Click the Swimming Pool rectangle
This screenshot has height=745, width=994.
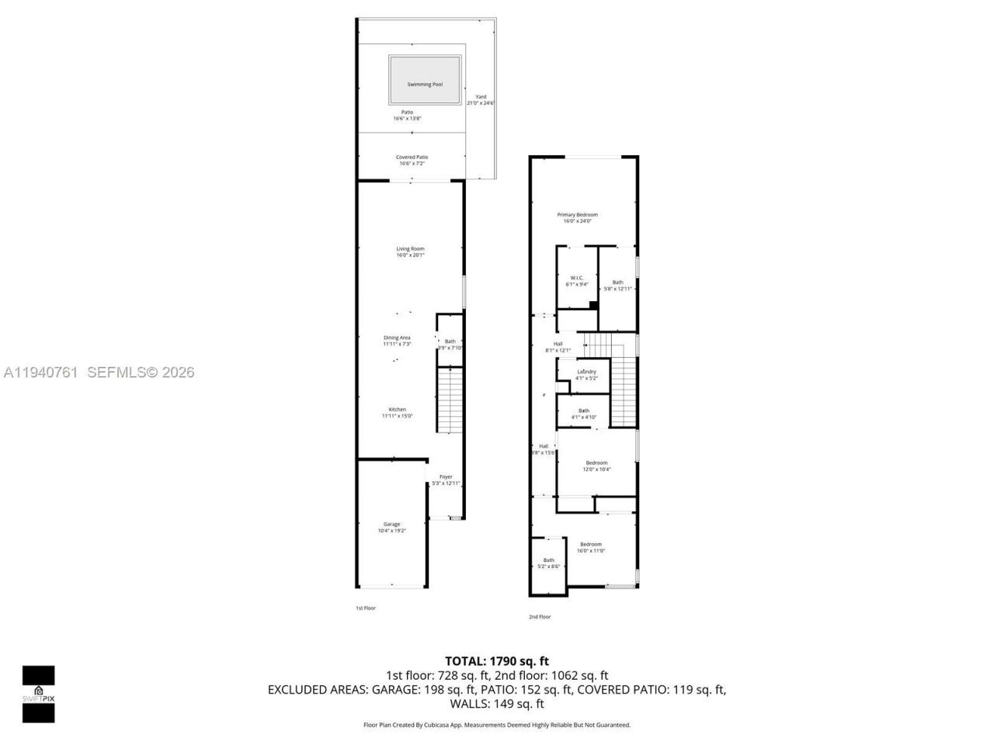pos(425,80)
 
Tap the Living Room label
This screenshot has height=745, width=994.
pos(410,249)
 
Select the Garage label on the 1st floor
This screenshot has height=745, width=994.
pos(391,525)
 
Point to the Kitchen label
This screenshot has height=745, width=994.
pos(397,410)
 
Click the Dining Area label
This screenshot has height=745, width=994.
pos(397,338)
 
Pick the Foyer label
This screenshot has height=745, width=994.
pos(446,476)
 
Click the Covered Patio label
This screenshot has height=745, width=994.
pos(412,158)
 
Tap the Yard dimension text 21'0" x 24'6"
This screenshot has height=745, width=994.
pos(481,103)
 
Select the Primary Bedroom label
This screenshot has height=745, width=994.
pos(577,215)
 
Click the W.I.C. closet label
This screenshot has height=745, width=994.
pos(576,278)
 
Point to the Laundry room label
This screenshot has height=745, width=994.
pos(586,372)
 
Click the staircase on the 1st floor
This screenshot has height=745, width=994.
pos(450,400)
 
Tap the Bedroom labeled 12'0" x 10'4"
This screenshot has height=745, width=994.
pos(596,463)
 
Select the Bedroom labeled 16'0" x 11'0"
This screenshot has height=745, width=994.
pos(590,545)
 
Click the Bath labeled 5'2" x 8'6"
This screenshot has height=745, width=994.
pos(548,560)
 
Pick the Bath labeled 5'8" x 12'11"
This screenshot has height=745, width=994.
pos(617,282)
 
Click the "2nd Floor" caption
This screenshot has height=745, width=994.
pos(539,617)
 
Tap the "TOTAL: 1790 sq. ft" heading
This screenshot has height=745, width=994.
pos(496,661)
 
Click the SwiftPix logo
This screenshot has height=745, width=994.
pos(38,694)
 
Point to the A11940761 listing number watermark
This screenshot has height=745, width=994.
pos(40,372)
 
